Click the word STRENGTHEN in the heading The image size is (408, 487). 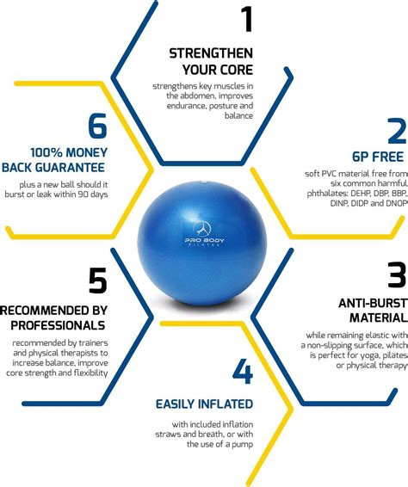[x=210, y=53]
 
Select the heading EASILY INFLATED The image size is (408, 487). [x=204, y=404]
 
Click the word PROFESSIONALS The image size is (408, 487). [x=58, y=324]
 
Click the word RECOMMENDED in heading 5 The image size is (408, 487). [x=53, y=309]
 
